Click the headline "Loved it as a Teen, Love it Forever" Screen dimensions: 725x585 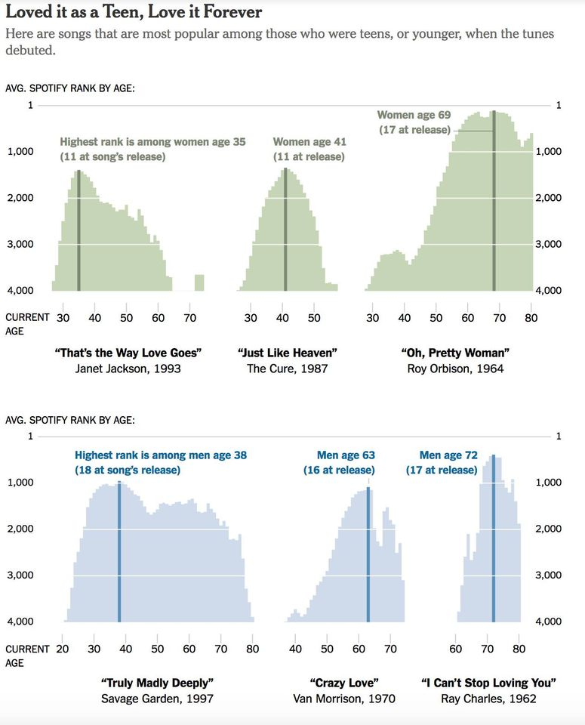pos(134,12)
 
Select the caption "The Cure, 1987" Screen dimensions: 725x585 pos(287,369)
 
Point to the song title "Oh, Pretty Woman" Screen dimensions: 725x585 pos(455,353)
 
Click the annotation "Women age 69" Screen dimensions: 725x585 pos(414,115)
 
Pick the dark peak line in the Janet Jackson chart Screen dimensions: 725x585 pos(79,230)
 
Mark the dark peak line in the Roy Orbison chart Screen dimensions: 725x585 pos(494,200)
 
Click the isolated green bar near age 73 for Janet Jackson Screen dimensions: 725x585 pos(199,282)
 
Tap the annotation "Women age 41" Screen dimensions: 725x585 pos(309,142)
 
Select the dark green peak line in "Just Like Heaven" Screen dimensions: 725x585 pos(285,230)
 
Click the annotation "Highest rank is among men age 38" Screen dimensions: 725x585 pos(161,455)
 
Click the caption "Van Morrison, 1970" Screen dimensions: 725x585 pos(344,699)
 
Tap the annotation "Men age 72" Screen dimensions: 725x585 pos(448,455)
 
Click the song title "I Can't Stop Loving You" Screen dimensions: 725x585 pos(489,683)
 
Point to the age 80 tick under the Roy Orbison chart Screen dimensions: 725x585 pos(531,318)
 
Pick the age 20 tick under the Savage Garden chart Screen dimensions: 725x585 pos(63,648)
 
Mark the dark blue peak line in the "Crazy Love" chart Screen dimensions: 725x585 pos(368,555)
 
